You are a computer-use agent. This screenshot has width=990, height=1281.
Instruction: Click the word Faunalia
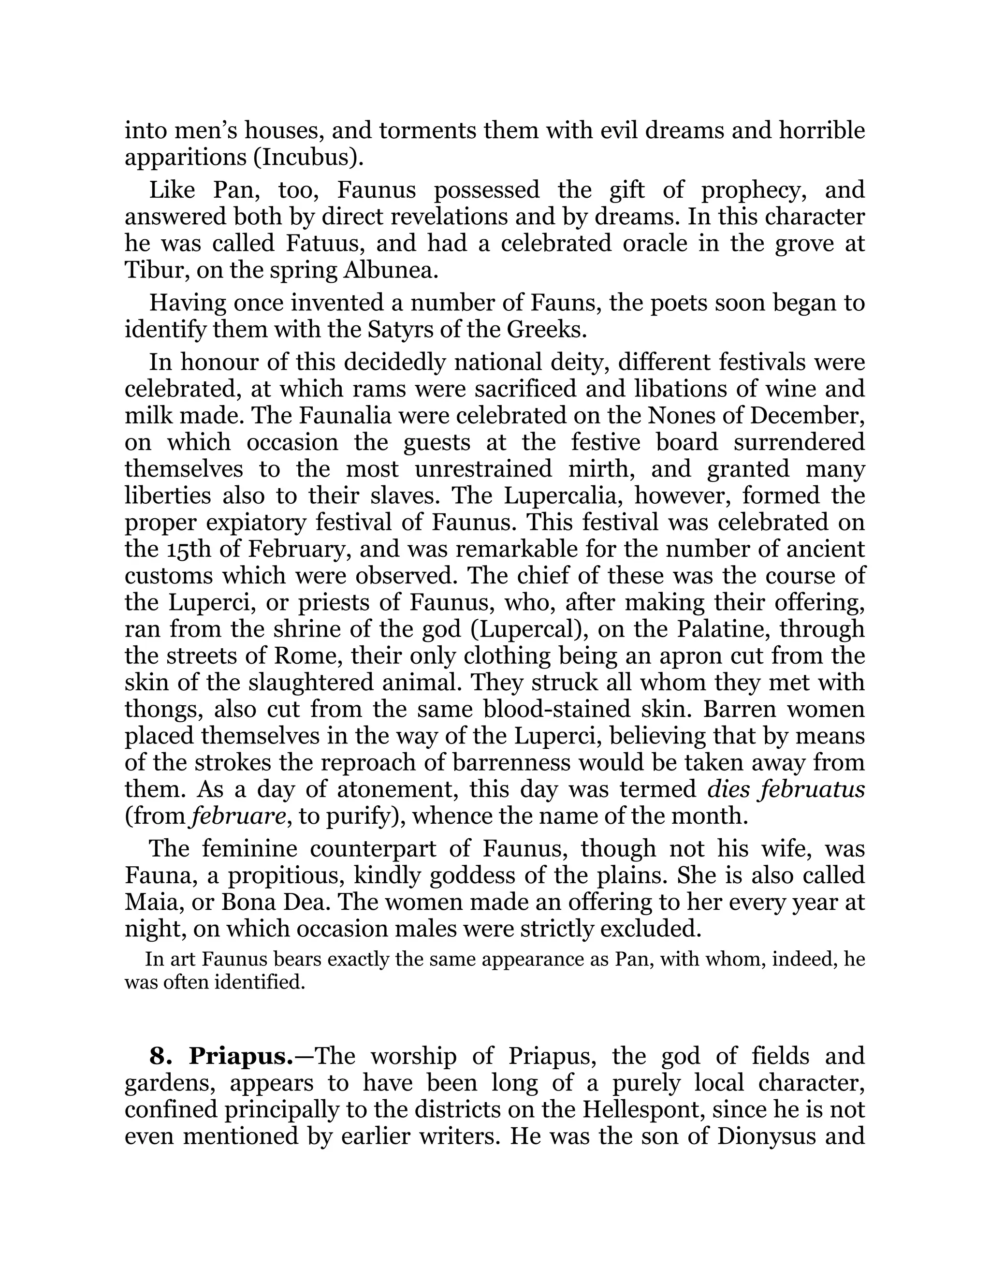click(x=333, y=415)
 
